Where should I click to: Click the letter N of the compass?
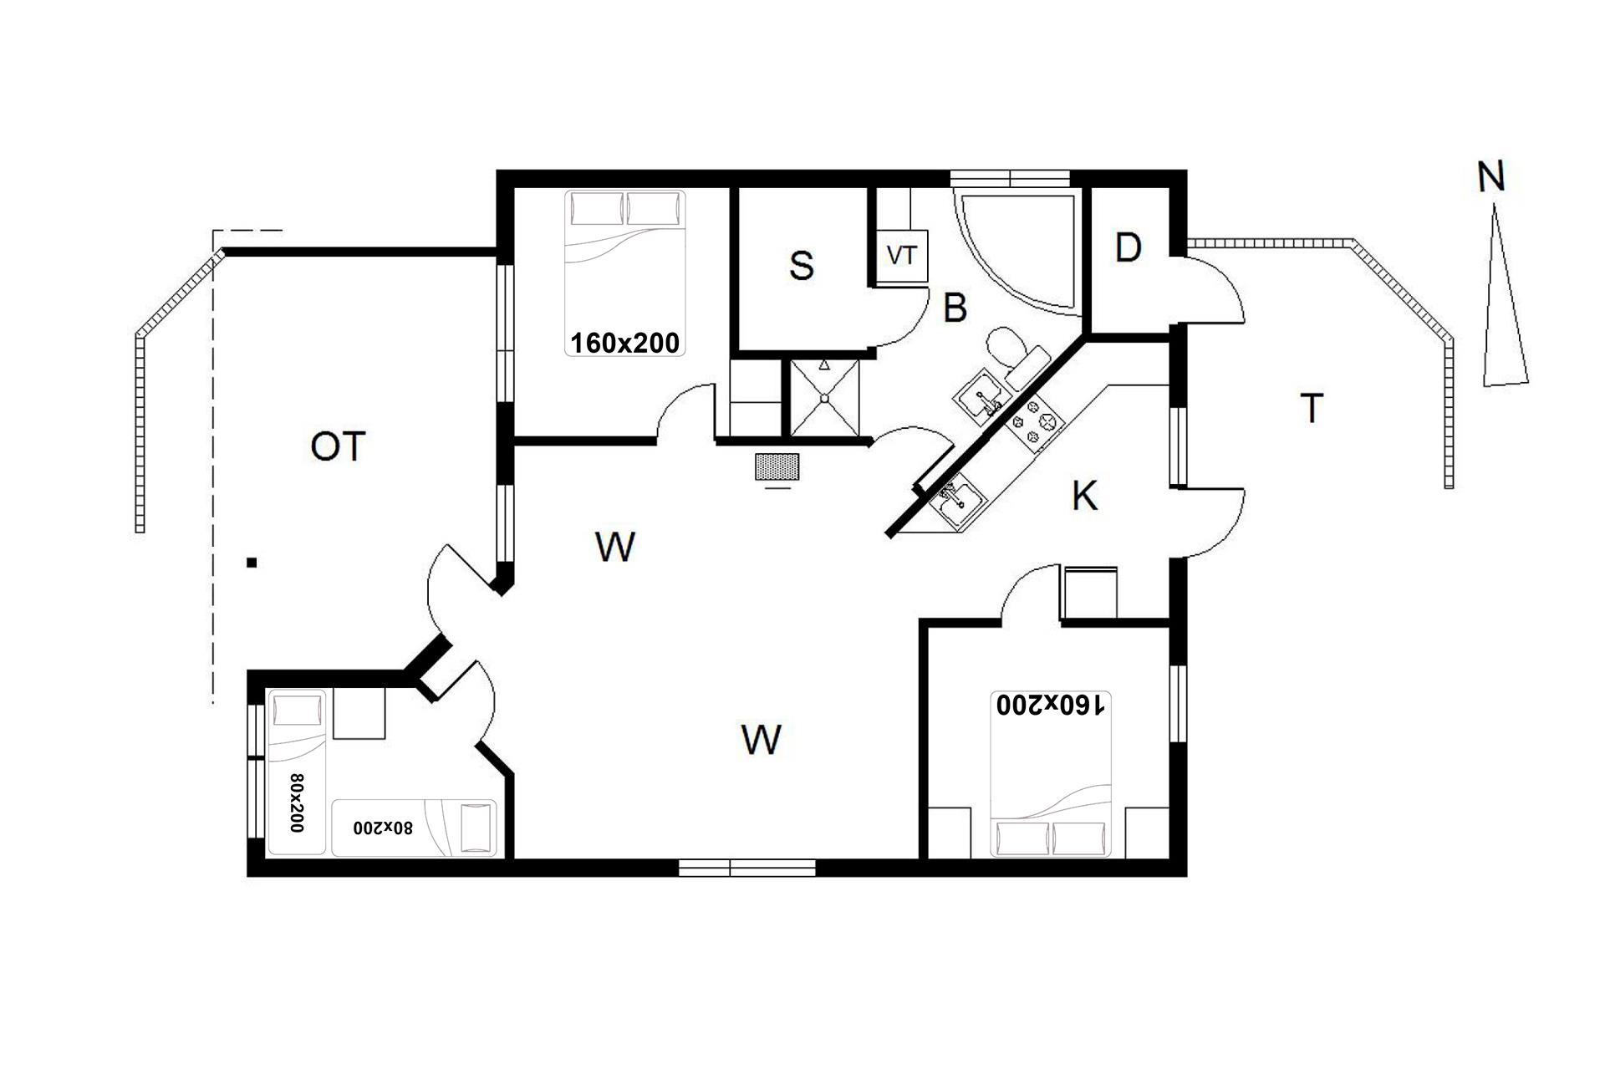pyautogui.click(x=1490, y=177)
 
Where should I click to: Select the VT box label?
pyautogui.click(x=901, y=255)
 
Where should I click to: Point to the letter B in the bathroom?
pyautogui.click(x=955, y=308)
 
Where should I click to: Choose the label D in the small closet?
pyautogui.click(x=1128, y=247)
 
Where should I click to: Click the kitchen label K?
pyautogui.click(x=1084, y=497)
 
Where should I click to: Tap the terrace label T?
pyautogui.click(x=1312, y=408)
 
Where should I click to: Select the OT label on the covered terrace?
pyautogui.click(x=338, y=447)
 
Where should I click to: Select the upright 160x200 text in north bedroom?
pyautogui.click(x=624, y=343)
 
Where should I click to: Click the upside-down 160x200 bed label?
pyautogui.click(x=1050, y=705)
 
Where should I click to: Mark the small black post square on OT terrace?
pyautogui.click(x=252, y=563)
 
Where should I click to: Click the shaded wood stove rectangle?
pyautogui.click(x=777, y=467)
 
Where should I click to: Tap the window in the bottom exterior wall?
pyautogui.click(x=746, y=869)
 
